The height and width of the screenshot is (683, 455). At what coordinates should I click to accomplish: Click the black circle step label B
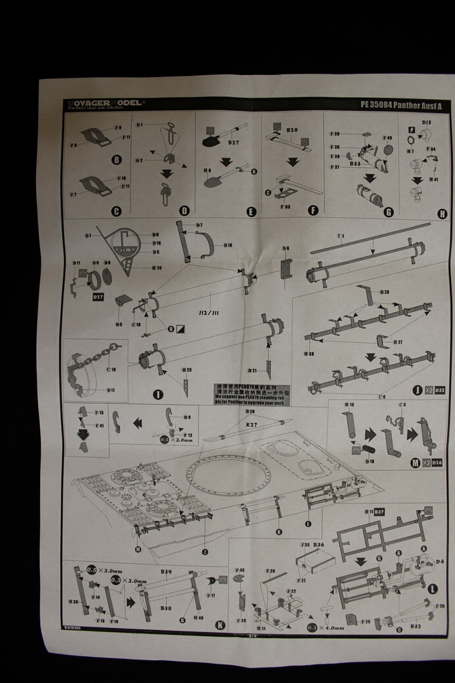coord(116,160)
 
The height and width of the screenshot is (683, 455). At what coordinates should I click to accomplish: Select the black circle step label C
coord(116,212)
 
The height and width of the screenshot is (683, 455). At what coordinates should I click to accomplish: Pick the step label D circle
coord(185,212)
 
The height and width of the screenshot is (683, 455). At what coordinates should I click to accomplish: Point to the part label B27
coord(234,143)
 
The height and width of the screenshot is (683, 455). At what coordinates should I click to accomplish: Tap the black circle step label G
coord(389,212)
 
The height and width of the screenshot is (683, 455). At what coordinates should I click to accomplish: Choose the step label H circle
coord(441,214)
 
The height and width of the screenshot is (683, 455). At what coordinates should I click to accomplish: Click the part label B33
coord(355,163)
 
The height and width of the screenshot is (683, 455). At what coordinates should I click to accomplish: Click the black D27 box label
coord(98,296)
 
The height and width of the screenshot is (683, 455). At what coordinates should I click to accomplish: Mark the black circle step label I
coord(158,394)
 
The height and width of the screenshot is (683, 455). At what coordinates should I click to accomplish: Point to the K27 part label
coord(252,425)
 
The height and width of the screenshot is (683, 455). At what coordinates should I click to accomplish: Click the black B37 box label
coord(379,512)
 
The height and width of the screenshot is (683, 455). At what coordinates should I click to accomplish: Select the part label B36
coord(318,544)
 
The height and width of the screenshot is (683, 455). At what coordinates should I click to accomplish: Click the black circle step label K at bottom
coord(219,625)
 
